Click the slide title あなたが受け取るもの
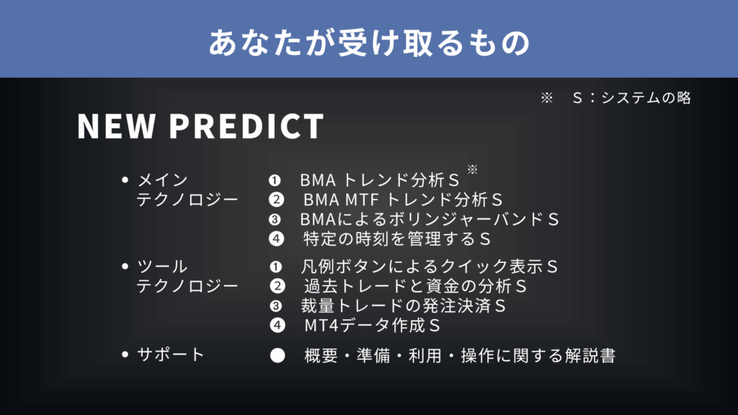(370, 43)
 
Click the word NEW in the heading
(116, 126)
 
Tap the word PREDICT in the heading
(246, 126)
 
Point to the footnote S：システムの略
(631, 98)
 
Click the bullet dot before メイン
(125, 179)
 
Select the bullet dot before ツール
(125, 267)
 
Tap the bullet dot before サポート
(125, 354)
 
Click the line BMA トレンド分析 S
(379, 180)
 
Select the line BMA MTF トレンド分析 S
(403, 200)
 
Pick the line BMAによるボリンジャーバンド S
(430, 219)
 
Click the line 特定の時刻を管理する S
(397, 239)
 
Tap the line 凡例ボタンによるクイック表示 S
(429, 267)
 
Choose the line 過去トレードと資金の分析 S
(415, 286)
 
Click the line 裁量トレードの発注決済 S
(403, 305)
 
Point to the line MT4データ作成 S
(372, 326)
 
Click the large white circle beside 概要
(277, 355)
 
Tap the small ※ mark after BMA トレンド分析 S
(473, 169)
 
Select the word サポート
(170, 354)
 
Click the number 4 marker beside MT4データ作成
(277, 325)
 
